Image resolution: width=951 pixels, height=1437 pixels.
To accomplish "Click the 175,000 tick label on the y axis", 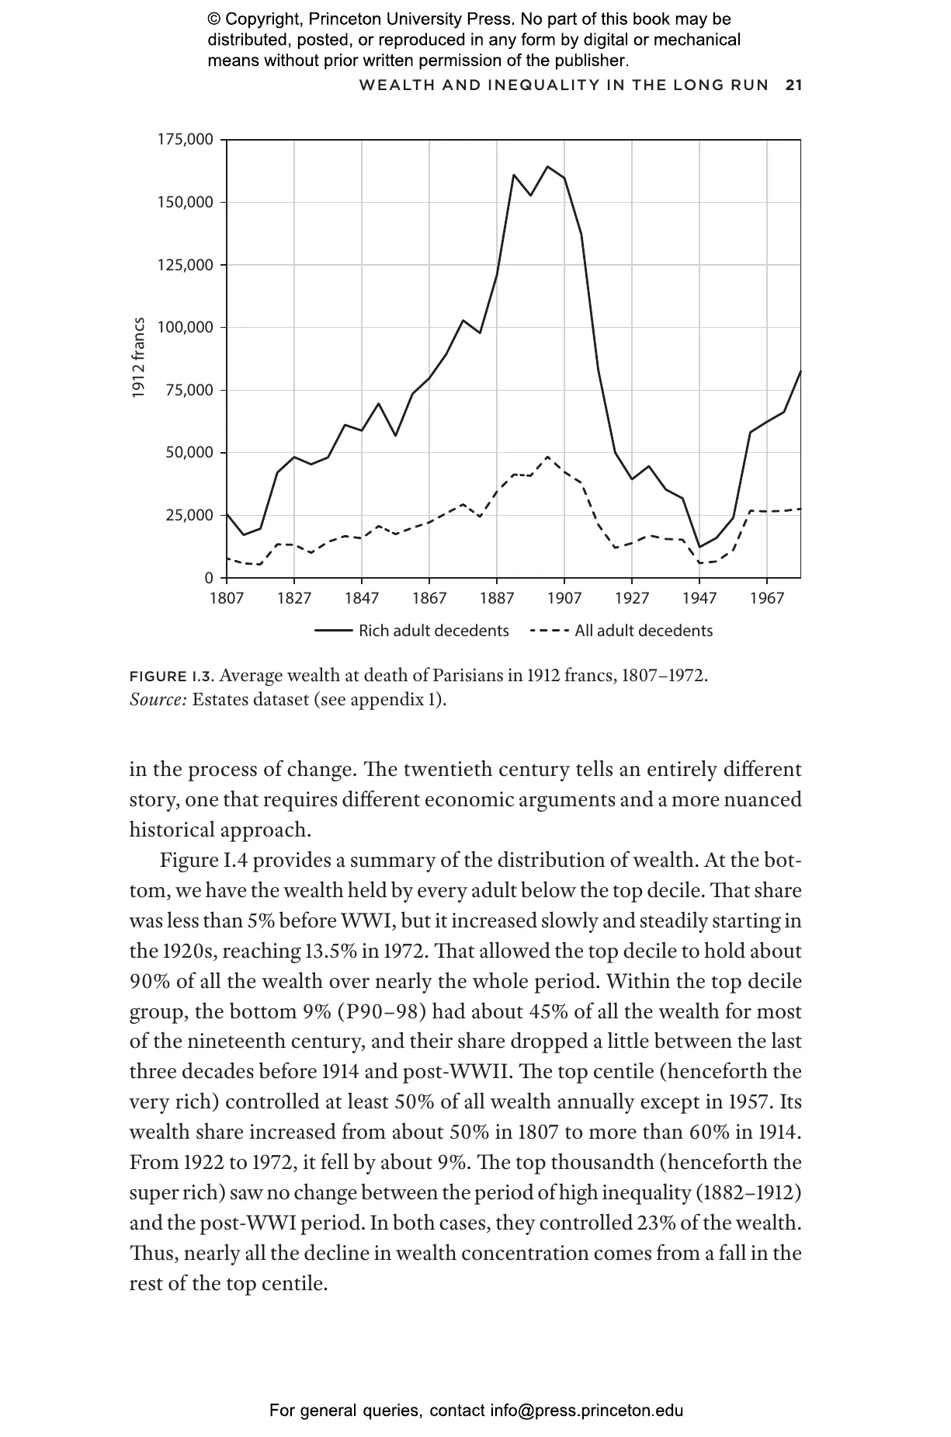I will pyautogui.click(x=185, y=140).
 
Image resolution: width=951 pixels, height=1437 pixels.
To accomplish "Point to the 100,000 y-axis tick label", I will pyautogui.click(x=185, y=327).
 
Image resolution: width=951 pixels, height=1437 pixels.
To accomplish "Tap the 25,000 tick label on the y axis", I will pyautogui.click(x=189, y=515).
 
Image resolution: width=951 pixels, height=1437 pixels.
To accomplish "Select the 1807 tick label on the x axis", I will pyautogui.click(x=227, y=598).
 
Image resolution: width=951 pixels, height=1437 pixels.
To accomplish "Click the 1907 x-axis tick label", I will pyautogui.click(x=564, y=598).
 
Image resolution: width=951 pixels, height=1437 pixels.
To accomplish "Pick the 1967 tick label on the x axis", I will pyautogui.click(x=767, y=598).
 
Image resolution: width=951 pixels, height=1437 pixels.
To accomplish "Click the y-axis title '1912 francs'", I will pyautogui.click(x=138, y=358).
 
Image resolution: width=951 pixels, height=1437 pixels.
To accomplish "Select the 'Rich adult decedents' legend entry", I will pyautogui.click(x=433, y=631).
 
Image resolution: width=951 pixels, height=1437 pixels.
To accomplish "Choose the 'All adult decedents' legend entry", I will pyautogui.click(x=643, y=631).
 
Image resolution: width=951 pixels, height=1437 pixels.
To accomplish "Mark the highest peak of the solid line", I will pyautogui.click(x=547, y=166).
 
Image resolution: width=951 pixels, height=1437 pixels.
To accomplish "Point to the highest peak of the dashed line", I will pyautogui.click(x=547, y=457).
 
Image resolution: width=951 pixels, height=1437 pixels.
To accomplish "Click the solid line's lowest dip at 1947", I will pyautogui.click(x=699, y=547).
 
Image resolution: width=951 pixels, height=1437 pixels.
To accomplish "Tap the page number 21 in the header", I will pyautogui.click(x=793, y=85).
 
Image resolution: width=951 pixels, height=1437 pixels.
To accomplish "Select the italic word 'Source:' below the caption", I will pyautogui.click(x=158, y=699).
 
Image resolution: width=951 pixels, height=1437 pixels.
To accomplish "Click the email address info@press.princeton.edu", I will pyautogui.click(x=586, y=1411).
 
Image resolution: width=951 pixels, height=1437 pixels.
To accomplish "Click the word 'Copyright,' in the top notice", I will pyautogui.click(x=262, y=19).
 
